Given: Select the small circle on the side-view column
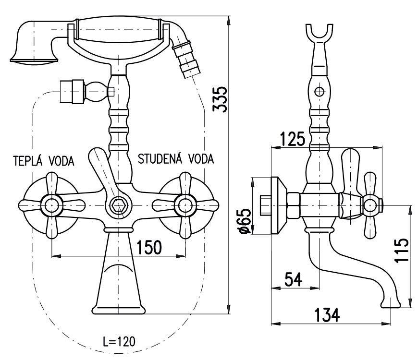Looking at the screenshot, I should (319, 91).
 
